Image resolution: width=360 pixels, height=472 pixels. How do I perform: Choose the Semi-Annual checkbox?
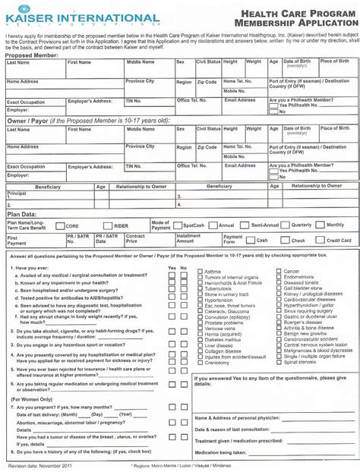[x=213, y=225]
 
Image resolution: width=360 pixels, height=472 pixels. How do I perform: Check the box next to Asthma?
[x=199, y=271]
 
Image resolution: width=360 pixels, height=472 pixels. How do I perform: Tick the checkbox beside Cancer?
[x=278, y=271]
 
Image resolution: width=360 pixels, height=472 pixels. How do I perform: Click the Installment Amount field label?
[x=188, y=238]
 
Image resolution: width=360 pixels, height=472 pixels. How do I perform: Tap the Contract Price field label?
[x=136, y=238]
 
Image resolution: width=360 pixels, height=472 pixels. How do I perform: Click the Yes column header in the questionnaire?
[x=172, y=268]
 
